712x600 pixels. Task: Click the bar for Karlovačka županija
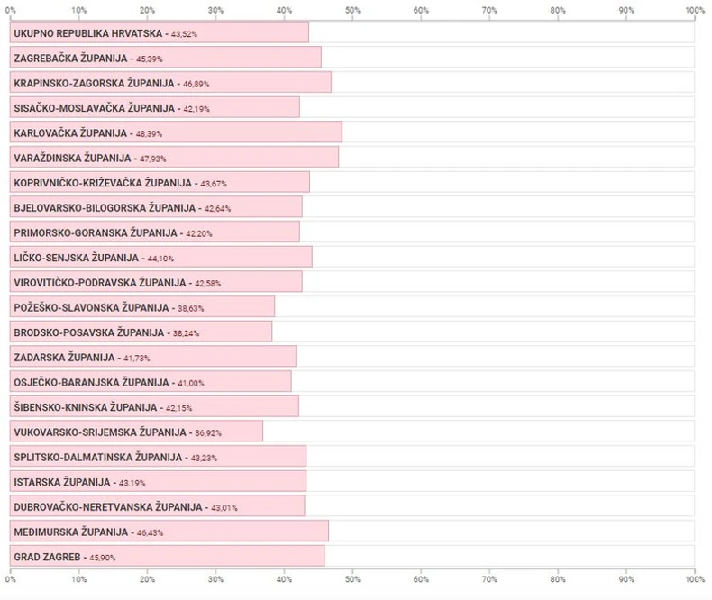(x=176, y=132)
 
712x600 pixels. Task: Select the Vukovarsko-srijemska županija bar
(x=136, y=432)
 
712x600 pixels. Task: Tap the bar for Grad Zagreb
(x=167, y=556)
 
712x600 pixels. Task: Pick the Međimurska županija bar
(x=169, y=532)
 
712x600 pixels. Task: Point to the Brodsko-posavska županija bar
(x=141, y=332)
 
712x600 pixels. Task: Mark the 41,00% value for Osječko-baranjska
(x=189, y=383)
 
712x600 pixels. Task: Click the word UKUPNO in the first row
(x=33, y=33)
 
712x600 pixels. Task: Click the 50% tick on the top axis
(x=352, y=10)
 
